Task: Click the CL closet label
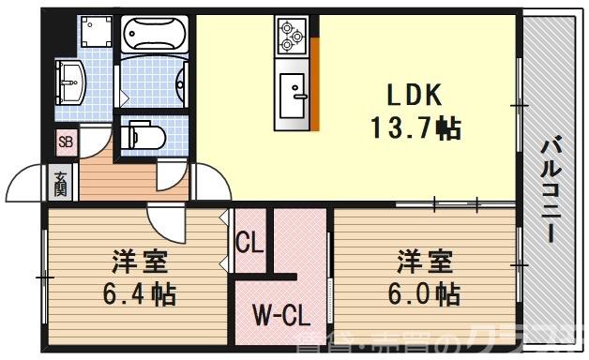coord(249,245)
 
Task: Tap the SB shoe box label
coord(65,142)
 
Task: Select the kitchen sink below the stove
coord(293,91)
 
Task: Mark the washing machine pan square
coord(94,35)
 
